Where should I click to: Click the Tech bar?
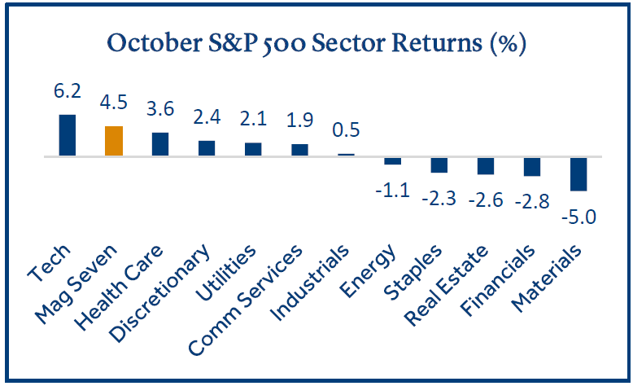68,134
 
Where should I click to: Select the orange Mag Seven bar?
114,141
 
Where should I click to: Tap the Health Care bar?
160,144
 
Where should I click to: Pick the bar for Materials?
578,173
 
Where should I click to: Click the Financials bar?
532,165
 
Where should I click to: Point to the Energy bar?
392,160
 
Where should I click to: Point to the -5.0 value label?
578,217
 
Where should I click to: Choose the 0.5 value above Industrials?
347,130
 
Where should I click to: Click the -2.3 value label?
439,198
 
